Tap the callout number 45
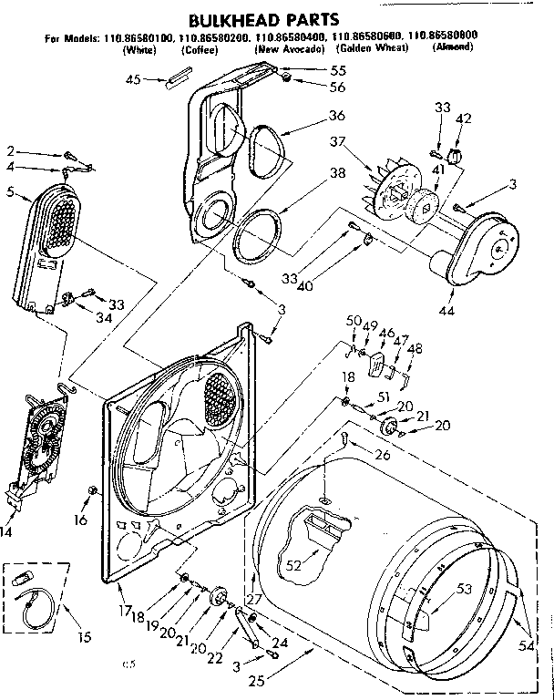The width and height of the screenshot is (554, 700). click(133, 79)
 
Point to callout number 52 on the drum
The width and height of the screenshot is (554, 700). click(293, 565)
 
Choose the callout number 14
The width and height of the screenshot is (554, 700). click(7, 530)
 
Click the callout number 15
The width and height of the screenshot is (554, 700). click(84, 636)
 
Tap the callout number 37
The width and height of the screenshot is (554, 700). click(339, 141)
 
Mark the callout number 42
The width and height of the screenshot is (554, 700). click(464, 118)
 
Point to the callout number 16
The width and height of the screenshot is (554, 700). click(80, 520)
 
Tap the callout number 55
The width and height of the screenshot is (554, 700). click(313, 70)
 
